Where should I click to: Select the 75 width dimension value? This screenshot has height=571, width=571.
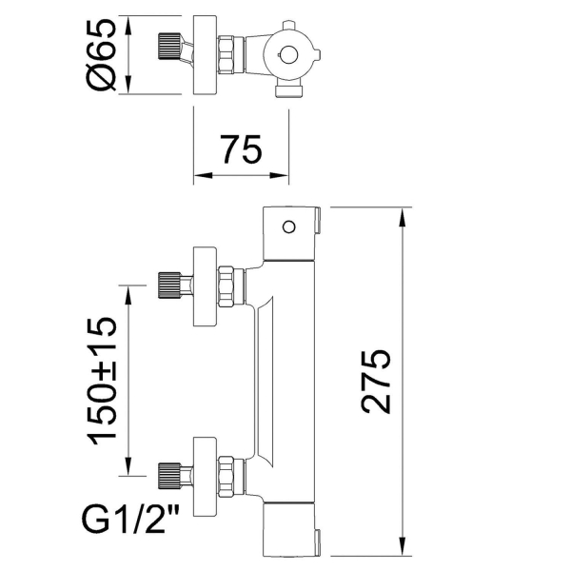click(242, 150)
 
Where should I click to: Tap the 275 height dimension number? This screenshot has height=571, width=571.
click(377, 381)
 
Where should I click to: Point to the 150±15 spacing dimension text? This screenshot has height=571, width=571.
click(104, 380)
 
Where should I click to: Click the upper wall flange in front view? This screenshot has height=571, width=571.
click(207, 288)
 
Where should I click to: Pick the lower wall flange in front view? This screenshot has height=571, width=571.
click(207, 472)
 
